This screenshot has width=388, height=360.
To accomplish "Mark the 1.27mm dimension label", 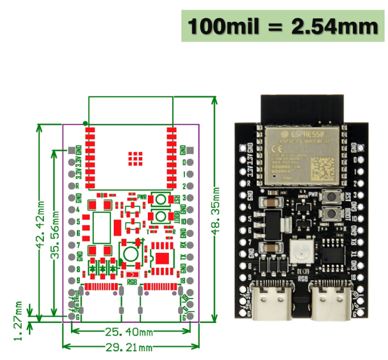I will (19, 321).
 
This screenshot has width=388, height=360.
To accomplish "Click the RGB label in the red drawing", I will (131, 281).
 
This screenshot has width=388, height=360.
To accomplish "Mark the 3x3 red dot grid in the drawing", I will (135, 158).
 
